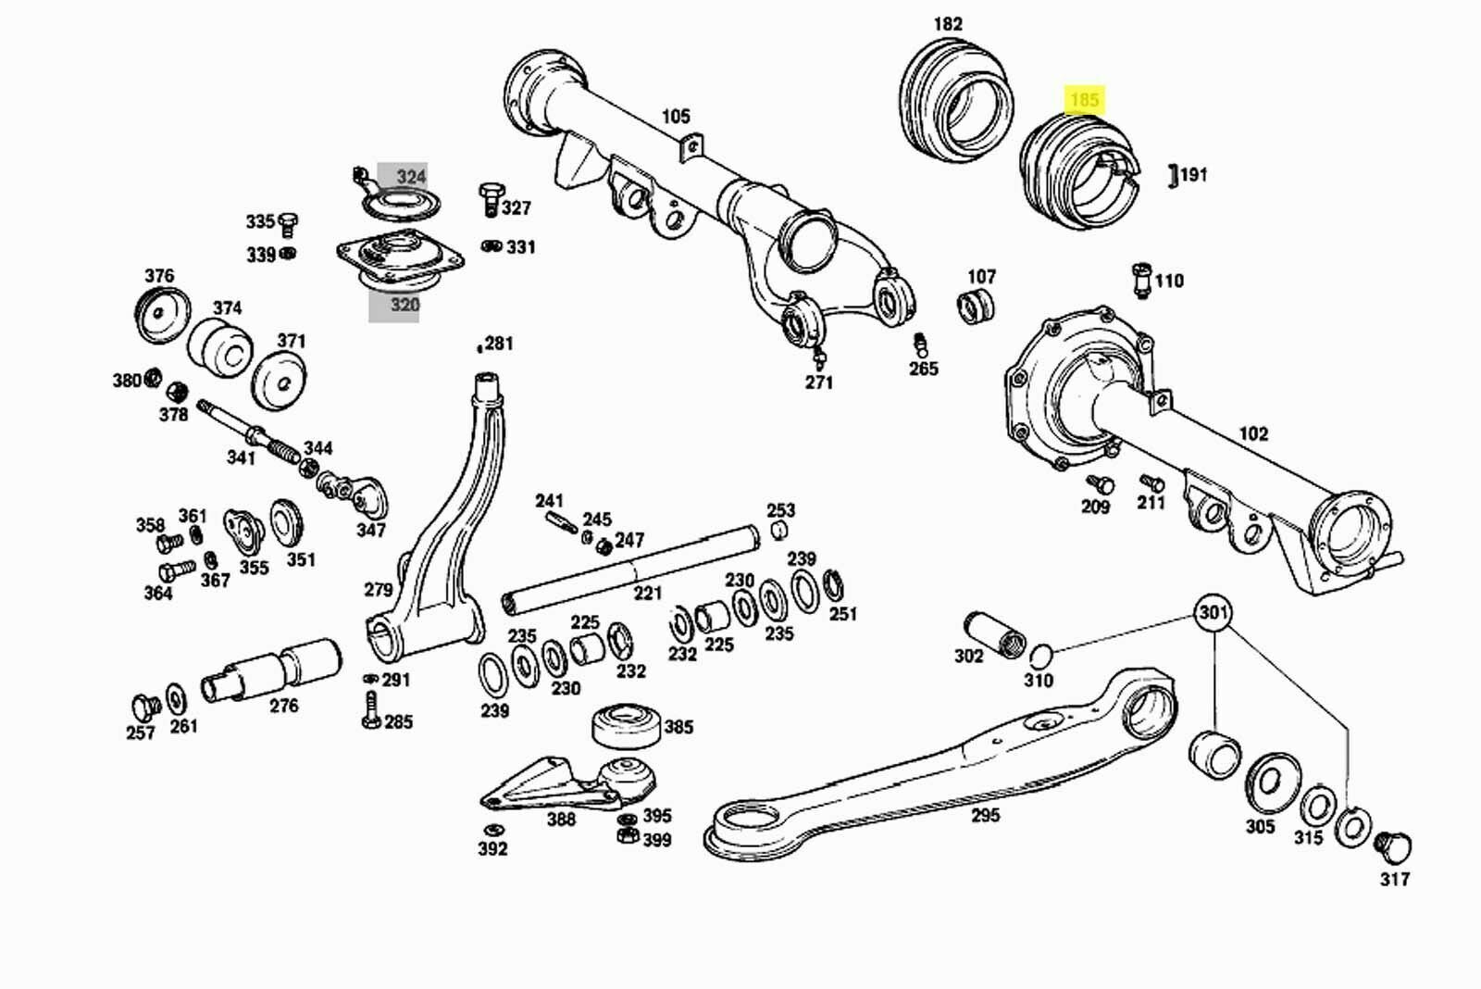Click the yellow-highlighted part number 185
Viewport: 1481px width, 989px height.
pyautogui.click(x=1084, y=99)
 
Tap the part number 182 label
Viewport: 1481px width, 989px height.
pyautogui.click(x=948, y=24)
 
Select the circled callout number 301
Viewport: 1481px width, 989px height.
pyautogui.click(x=1213, y=613)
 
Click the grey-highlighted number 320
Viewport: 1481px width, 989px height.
pyautogui.click(x=404, y=305)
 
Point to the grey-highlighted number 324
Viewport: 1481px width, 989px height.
pyautogui.click(x=411, y=176)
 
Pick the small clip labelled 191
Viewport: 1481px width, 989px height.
pyautogui.click(x=1173, y=174)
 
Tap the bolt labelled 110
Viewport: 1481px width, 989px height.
pyautogui.click(x=1141, y=280)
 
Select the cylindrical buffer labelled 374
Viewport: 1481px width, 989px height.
pyautogui.click(x=220, y=350)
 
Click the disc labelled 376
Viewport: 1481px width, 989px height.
pyautogui.click(x=162, y=314)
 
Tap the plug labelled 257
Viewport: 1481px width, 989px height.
pyautogui.click(x=143, y=707)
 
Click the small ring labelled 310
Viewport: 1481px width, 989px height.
pyautogui.click(x=1040, y=657)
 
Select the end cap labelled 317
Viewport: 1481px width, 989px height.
pyautogui.click(x=1391, y=845)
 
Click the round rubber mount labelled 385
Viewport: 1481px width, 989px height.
pyautogui.click(x=627, y=725)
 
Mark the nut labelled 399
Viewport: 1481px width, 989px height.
pyautogui.click(x=627, y=836)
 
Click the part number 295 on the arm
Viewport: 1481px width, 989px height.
pyautogui.click(x=986, y=816)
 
